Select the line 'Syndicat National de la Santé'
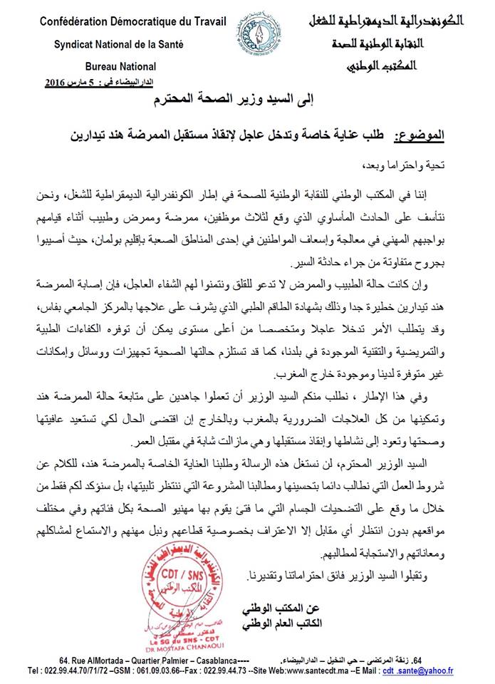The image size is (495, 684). pos(119,43)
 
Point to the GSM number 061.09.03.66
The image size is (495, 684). pos(147,670)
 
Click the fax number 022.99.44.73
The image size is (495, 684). pos(226,670)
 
